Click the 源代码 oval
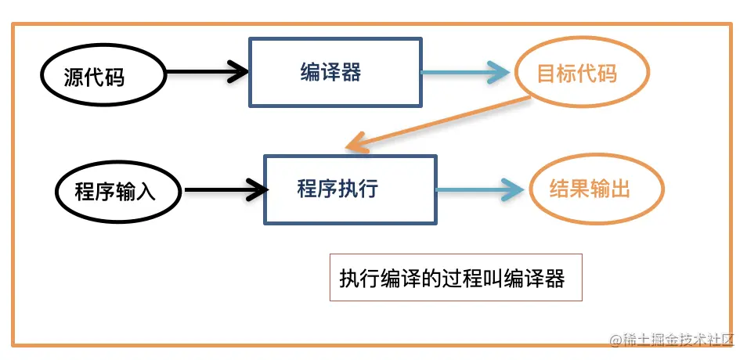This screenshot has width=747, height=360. pos(94,77)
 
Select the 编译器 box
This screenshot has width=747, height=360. pos(334,72)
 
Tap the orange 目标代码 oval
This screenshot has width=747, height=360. pos(580,73)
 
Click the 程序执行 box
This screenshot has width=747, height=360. pos(349,189)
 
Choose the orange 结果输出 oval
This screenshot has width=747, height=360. pos(596,189)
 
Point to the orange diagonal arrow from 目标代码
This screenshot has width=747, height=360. pos(438,121)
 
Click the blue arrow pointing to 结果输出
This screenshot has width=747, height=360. pos(478,189)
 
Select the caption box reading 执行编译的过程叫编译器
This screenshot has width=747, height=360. pos(456,278)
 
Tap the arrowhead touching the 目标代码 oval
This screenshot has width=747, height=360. pos(501,73)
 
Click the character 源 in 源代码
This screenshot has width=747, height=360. pos(74,77)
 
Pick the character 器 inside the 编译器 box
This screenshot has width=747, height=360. pos(352,72)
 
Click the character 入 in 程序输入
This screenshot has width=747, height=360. pos(146,191)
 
